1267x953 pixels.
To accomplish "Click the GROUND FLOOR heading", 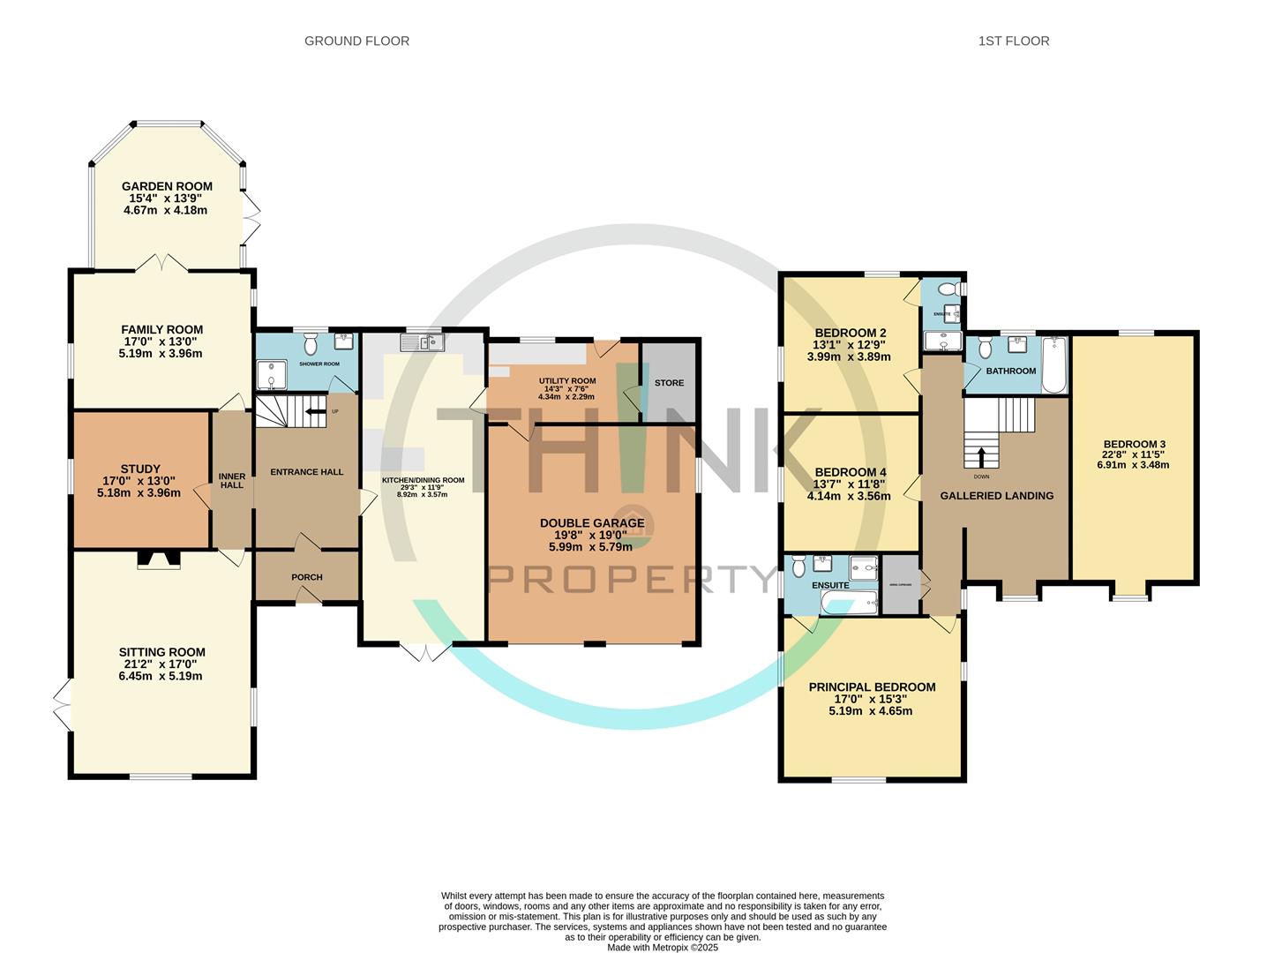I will [356, 41].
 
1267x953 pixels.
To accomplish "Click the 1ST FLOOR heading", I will [1013, 41].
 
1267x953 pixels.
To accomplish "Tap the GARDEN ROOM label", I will [167, 186].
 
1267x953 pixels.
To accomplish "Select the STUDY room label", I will [140, 469].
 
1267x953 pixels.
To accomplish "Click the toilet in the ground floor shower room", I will [311, 339].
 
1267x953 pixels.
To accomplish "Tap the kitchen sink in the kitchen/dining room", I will [422, 341].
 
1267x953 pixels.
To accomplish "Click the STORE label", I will [669, 383].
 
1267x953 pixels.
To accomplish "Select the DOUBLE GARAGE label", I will [592, 523].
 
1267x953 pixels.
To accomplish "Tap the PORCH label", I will [307, 577].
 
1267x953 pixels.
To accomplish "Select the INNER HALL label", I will [232, 480].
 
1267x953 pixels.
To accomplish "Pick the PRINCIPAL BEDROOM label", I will [872, 687].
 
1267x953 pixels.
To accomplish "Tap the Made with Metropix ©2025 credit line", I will [663, 948].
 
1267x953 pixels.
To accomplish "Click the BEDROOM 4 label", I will [851, 472].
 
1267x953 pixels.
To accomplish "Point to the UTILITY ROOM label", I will [567, 381].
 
